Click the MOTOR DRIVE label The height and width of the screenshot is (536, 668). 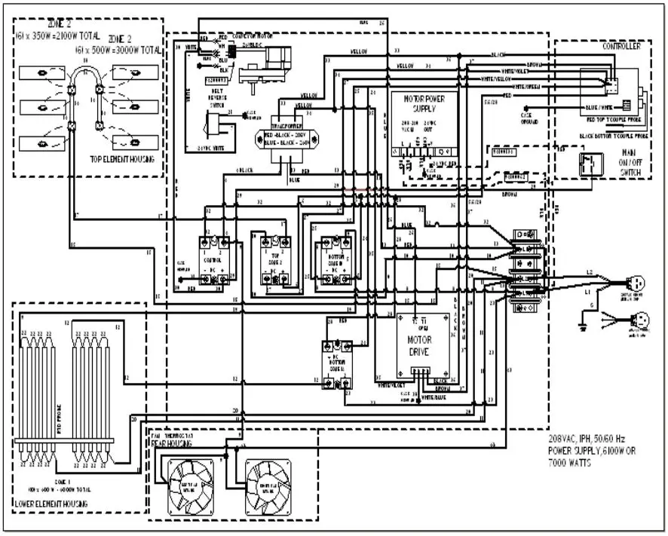click(x=423, y=345)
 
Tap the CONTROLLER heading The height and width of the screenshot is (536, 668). click(x=621, y=47)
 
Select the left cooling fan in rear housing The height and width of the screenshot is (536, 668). click(x=188, y=482)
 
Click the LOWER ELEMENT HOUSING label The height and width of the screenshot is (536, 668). click(x=51, y=503)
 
